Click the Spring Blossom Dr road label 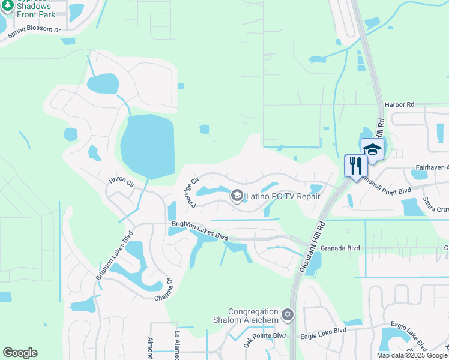(34, 32)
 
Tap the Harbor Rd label (400, 104)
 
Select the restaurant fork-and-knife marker (355, 166)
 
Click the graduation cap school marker (372, 150)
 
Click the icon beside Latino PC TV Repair (237, 196)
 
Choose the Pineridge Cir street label (190, 192)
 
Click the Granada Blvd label (340, 247)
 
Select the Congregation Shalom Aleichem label (253, 316)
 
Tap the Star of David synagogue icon (288, 314)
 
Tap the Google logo (20, 353)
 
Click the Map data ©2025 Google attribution (412, 355)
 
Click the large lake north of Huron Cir (147, 146)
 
